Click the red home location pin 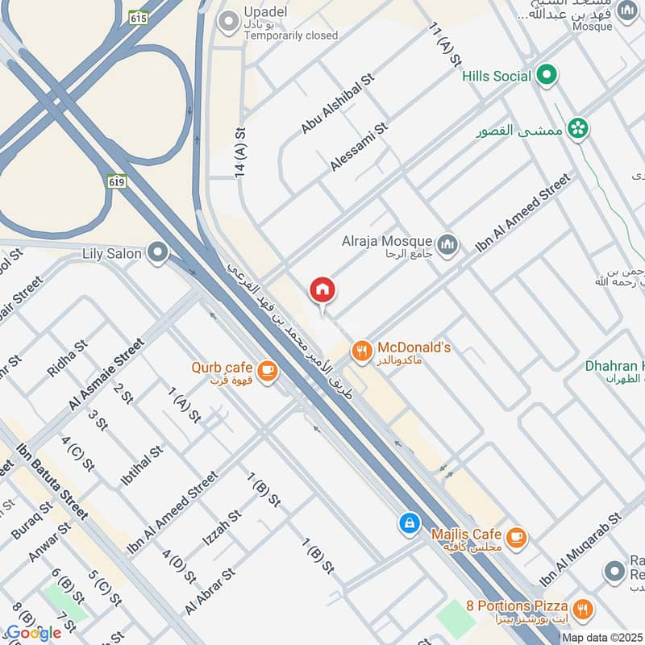322,291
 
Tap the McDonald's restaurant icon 361,351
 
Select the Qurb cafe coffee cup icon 268,371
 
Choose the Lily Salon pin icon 158,254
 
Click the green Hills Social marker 547,76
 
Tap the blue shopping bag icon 410,523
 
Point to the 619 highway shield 116,182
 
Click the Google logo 34,632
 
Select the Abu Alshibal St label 333,107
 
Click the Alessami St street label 359,147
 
